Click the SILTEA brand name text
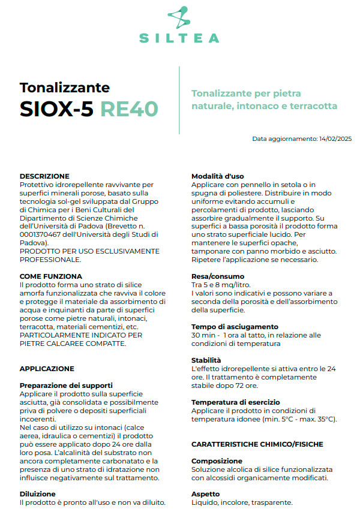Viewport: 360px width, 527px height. tap(179, 38)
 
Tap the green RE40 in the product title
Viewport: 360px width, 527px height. tap(129, 109)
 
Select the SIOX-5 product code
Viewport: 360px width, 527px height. tap(56, 109)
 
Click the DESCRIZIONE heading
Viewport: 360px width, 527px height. tap(44, 176)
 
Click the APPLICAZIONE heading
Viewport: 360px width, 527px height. tap(47, 369)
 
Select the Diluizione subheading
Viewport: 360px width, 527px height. tap(38, 493)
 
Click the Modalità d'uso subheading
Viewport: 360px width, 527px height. tap(217, 176)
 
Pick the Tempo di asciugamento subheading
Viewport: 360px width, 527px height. tap(235, 326)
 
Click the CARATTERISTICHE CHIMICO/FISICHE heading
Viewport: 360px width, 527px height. tap(257, 444)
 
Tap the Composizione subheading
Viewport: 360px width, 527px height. tap(217, 460)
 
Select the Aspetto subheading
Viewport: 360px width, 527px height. tap(205, 493)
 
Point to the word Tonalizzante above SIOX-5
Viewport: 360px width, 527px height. tap(65, 88)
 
